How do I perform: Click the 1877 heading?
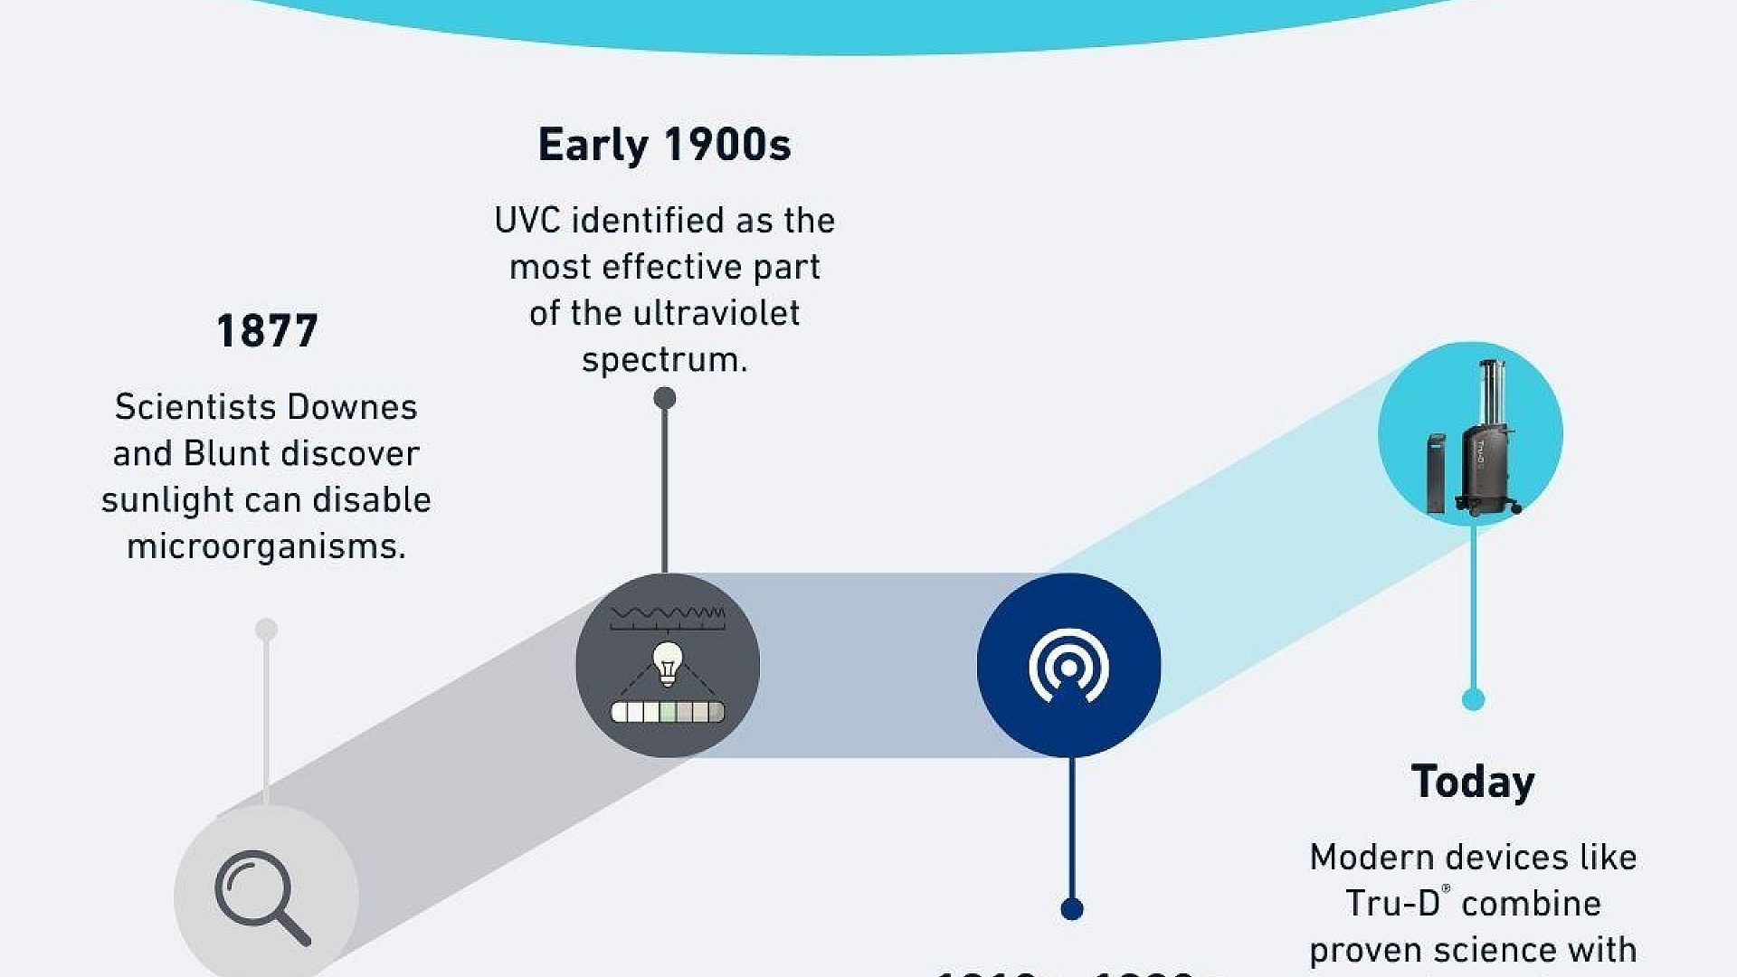tap(267, 331)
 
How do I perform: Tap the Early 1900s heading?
tap(664, 145)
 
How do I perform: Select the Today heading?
tap(1473, 782)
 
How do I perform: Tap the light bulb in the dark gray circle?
tap(668, 663)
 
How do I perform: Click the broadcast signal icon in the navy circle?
tap(1068, 667)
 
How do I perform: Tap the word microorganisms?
tap(266, 546)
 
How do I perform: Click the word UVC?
tap(528, 221)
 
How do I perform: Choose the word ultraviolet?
tap(716, 313)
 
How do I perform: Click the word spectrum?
tap(663, 360)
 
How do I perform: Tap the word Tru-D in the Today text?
tap(1391, 904)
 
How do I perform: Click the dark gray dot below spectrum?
tap(665, 398)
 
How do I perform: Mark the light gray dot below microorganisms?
tap(266, 630)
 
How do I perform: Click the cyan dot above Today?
tap(1474, 699)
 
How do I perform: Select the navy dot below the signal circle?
tap(1072, 908)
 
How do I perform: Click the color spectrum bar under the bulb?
tap(668, 712)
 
